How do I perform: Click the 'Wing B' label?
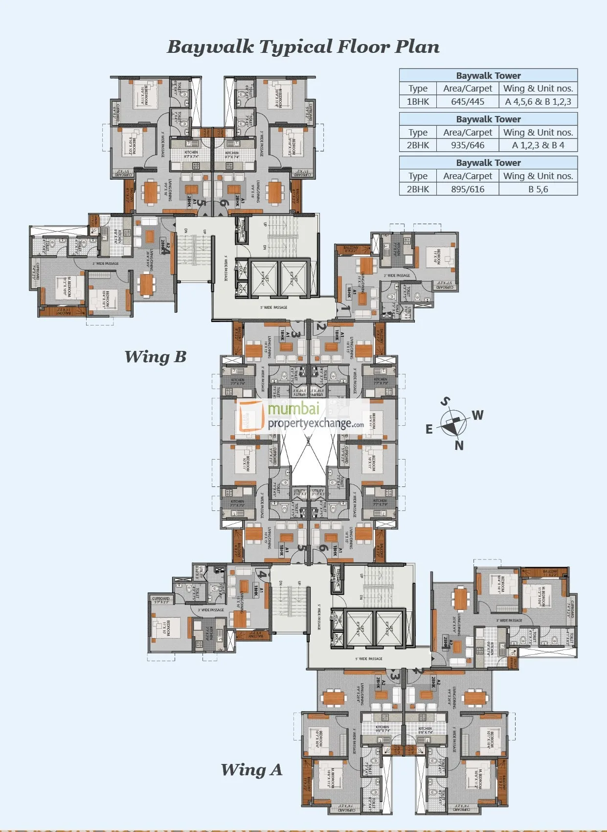point(156,357)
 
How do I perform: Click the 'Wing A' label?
point(251,770)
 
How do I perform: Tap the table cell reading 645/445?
point(468,102)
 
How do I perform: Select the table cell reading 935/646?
point(468,145)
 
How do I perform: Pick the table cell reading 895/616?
point(468,189)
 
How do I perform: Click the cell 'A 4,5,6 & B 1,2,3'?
point(538,102)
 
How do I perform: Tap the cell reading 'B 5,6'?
point(538,189)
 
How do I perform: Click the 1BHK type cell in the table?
point(418,102)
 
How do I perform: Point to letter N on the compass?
point(459,445)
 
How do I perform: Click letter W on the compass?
point(478,415)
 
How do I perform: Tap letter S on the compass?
point(445,402)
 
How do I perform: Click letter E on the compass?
point(429,429)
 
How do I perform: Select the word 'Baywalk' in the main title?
point(211,47)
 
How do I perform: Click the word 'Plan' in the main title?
point(417,47)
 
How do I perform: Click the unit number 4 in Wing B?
point(166,251)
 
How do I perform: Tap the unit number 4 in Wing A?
point(263,575)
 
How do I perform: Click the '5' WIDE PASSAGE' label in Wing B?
point(273,307)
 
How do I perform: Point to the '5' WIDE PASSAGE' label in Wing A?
point(369,659)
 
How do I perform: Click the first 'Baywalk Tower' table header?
point(488,75)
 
